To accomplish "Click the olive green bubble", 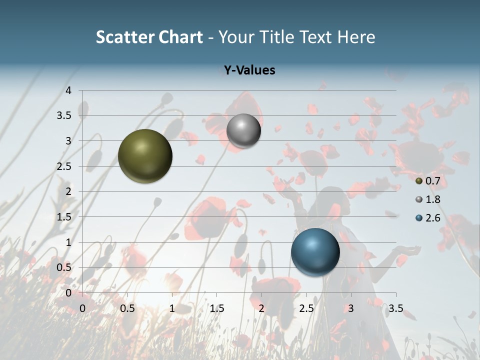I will (x=145, y=156).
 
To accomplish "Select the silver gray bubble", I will (x=243, y=130).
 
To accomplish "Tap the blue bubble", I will (x=315, y=252).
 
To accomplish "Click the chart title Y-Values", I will (x=249, y=70).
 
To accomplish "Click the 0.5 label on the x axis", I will (x=127, y=308).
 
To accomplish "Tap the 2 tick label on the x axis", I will (x=261, y=308).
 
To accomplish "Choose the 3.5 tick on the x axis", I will (x=396, y=308).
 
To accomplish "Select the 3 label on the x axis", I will (x=351, y=308).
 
